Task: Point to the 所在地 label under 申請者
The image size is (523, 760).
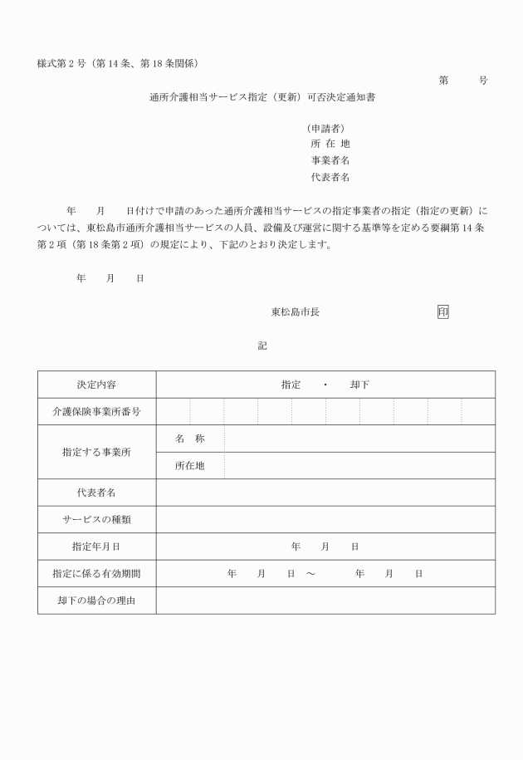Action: click(x=330, y=144)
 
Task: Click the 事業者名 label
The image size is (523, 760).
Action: click(x=330, y=160)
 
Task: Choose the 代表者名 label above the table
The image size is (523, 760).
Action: click(x=330, y=177)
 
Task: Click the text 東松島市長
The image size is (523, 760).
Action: click(x=296, y=311)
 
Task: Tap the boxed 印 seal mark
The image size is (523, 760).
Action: click(x=442, y=311)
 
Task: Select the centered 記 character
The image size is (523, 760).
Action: click(x=262, y=345)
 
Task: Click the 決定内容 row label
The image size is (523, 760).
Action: click(x=96, y=385)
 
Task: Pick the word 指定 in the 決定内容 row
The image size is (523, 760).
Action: click(x=291, y=385)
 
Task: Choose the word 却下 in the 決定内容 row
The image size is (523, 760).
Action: click(x=359, y=385)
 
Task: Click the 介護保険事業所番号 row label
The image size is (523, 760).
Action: click(x=96, y=412)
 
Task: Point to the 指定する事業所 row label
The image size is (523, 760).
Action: click(x=96, y=453)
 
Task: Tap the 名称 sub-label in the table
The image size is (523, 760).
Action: click(x=189, y=439)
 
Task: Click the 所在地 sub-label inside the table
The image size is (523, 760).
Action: click(x=189, y=466)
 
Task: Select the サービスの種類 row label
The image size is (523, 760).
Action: click(x=96, y=520)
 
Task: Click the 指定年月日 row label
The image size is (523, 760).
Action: click(x=96, y=547)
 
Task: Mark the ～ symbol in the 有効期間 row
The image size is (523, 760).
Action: click(x=309, y=574)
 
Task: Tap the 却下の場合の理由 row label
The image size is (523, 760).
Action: click(x=96, y=601)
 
